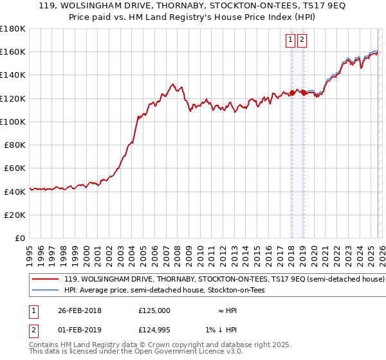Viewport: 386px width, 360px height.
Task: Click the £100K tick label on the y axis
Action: tap(12, 122)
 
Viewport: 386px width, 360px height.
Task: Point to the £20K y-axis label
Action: tap(14, 215)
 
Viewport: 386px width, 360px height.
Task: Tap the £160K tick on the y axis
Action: tap(12, 51)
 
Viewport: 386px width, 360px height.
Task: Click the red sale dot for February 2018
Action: tap(292, 93)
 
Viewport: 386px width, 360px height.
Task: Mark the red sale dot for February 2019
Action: tap(303, 93)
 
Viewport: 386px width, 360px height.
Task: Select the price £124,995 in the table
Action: tap(154, 331)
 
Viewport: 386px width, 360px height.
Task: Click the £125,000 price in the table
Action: tap(154, 310)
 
